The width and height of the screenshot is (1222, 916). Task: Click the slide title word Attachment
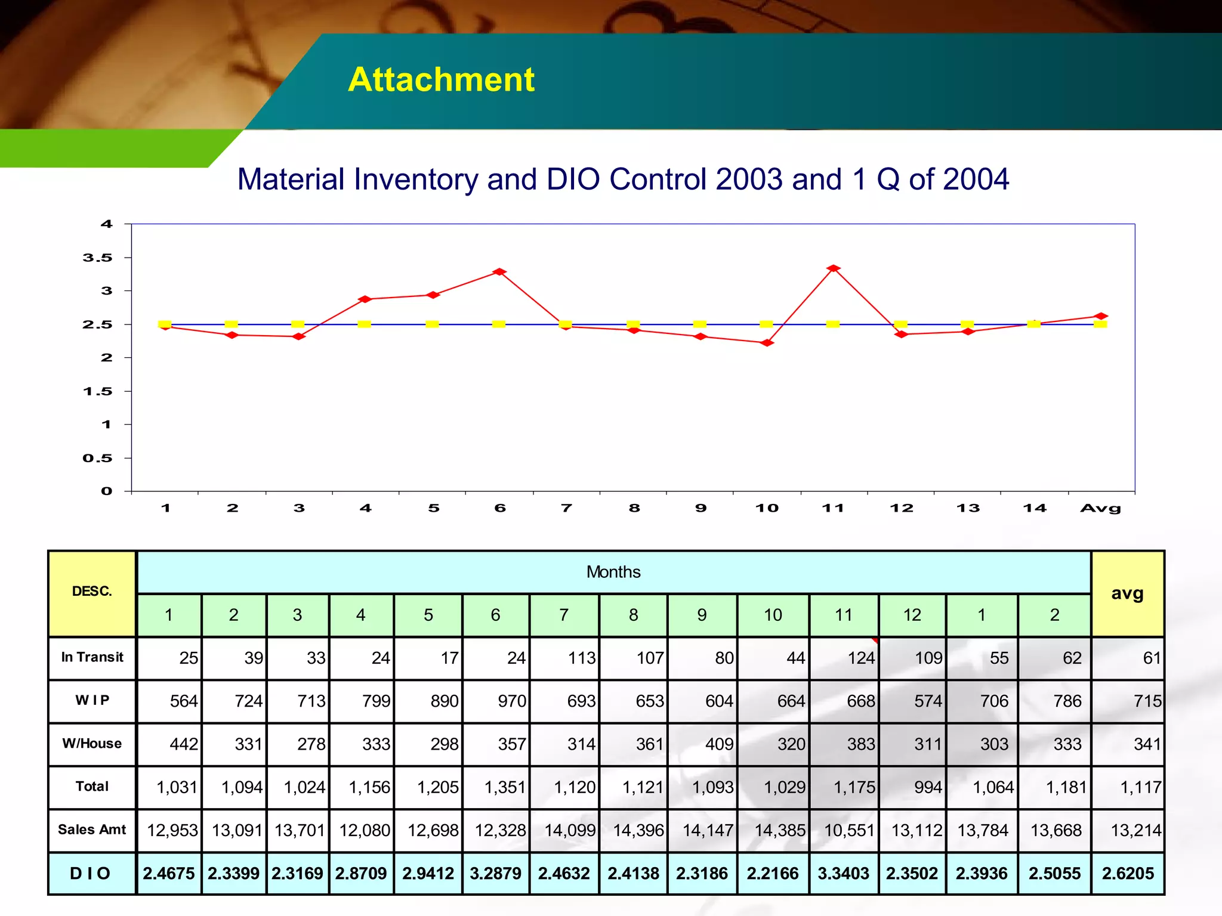point(441,79)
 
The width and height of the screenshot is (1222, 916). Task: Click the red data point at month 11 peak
point(834,268)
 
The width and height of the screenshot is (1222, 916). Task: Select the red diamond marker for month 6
point(499,272)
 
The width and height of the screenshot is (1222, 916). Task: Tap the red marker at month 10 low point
point(767,343)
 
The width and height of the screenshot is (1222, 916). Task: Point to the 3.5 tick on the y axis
point(97,258)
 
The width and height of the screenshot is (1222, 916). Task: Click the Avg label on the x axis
point(1100,508)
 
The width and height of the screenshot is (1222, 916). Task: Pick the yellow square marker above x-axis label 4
point(365,324)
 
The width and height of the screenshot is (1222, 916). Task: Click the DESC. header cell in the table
point(92,592)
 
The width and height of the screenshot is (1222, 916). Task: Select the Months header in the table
point(613,572)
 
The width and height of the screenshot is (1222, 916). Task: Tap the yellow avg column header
point(1127,593)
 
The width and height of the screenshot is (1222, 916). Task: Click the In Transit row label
point(92,657)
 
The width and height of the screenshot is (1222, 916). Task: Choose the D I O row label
point(91,874)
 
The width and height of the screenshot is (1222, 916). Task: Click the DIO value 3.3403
point(843,874)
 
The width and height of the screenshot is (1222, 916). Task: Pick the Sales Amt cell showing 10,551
point(848,830)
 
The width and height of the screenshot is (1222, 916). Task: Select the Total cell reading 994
point(928,787)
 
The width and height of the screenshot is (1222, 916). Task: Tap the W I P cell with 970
point(512,701)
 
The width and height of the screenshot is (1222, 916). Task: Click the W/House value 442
point(184,744)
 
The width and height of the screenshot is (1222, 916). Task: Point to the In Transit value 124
point(861,658)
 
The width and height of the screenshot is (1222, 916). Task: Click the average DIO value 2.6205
point(1128,874)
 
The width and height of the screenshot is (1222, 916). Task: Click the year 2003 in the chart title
point(749,179)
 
